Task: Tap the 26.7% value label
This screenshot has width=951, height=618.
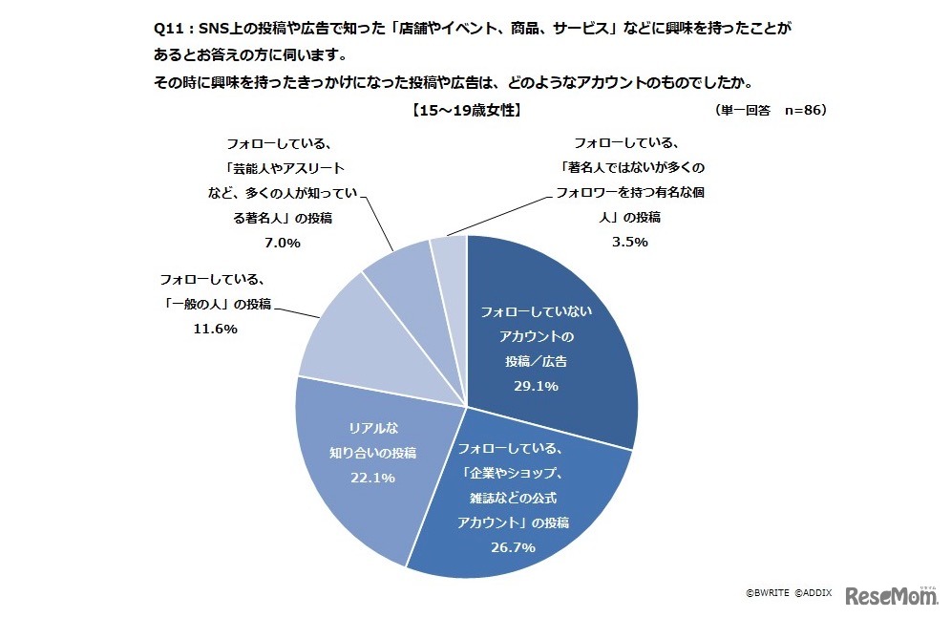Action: coord(511,547)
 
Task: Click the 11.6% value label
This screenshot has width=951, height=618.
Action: coord(215,329)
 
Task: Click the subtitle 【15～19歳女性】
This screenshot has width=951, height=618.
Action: coord(466,111)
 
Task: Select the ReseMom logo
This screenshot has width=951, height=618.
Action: coord(890,594)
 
